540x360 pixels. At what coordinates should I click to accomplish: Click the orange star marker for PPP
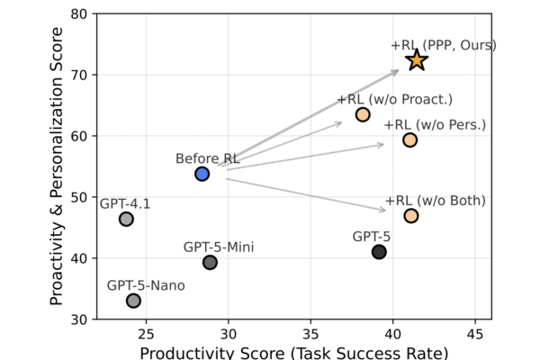pos(416,60)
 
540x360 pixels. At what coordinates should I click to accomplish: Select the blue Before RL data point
pos(202,174)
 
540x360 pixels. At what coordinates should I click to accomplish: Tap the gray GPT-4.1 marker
pos(126,219)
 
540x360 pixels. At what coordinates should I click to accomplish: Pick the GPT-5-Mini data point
pos(210,262)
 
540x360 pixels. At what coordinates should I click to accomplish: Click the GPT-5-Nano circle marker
pos(133,301)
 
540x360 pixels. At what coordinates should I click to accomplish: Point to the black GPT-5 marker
pos(379,252)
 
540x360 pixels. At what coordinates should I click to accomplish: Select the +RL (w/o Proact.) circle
pos(363,114)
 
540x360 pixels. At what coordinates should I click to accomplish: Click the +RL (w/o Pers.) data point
pos(409,139)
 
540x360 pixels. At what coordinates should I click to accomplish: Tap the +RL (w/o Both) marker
pos(410,215)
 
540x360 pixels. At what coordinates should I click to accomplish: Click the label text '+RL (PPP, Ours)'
pos(443,44)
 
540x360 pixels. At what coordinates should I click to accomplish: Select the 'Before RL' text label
pos(207,158)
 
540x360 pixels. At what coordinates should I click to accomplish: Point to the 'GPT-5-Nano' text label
pos(146,285)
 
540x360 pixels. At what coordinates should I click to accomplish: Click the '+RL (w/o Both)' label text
pos(435,200)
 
